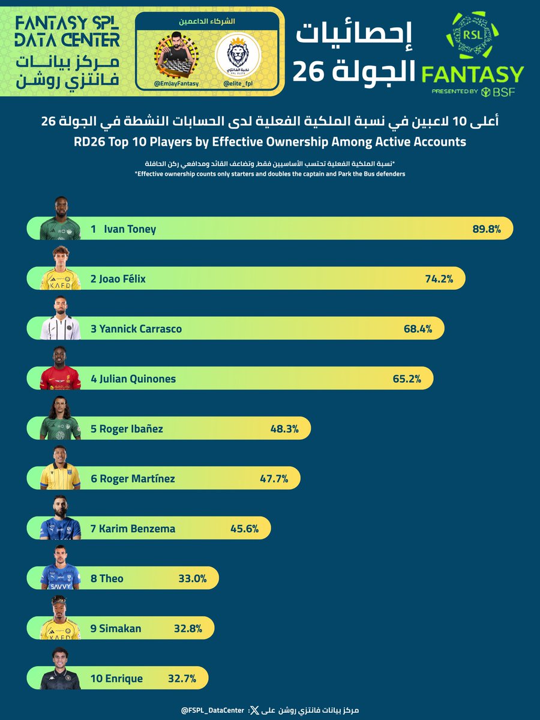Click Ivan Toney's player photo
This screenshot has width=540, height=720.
tap(60, 220)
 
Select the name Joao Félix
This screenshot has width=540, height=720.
tap(118, 279)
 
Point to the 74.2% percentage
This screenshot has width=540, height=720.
tap(437, 279)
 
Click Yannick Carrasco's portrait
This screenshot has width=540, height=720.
tap(60, 319)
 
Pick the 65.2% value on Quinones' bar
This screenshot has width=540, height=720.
tap(406, 379)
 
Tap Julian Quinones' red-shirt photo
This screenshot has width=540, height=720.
tap(60, 369)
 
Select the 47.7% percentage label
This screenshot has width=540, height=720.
tap(273, 479)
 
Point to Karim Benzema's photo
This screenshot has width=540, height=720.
tap(60, 518)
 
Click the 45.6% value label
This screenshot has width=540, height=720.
tap(244, 529)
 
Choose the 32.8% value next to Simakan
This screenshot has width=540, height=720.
tap(187, 628)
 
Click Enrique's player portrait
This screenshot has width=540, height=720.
tap(60, 668)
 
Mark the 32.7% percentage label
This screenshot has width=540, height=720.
tap(182, 679)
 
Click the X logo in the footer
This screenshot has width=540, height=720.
tap(254, 710)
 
